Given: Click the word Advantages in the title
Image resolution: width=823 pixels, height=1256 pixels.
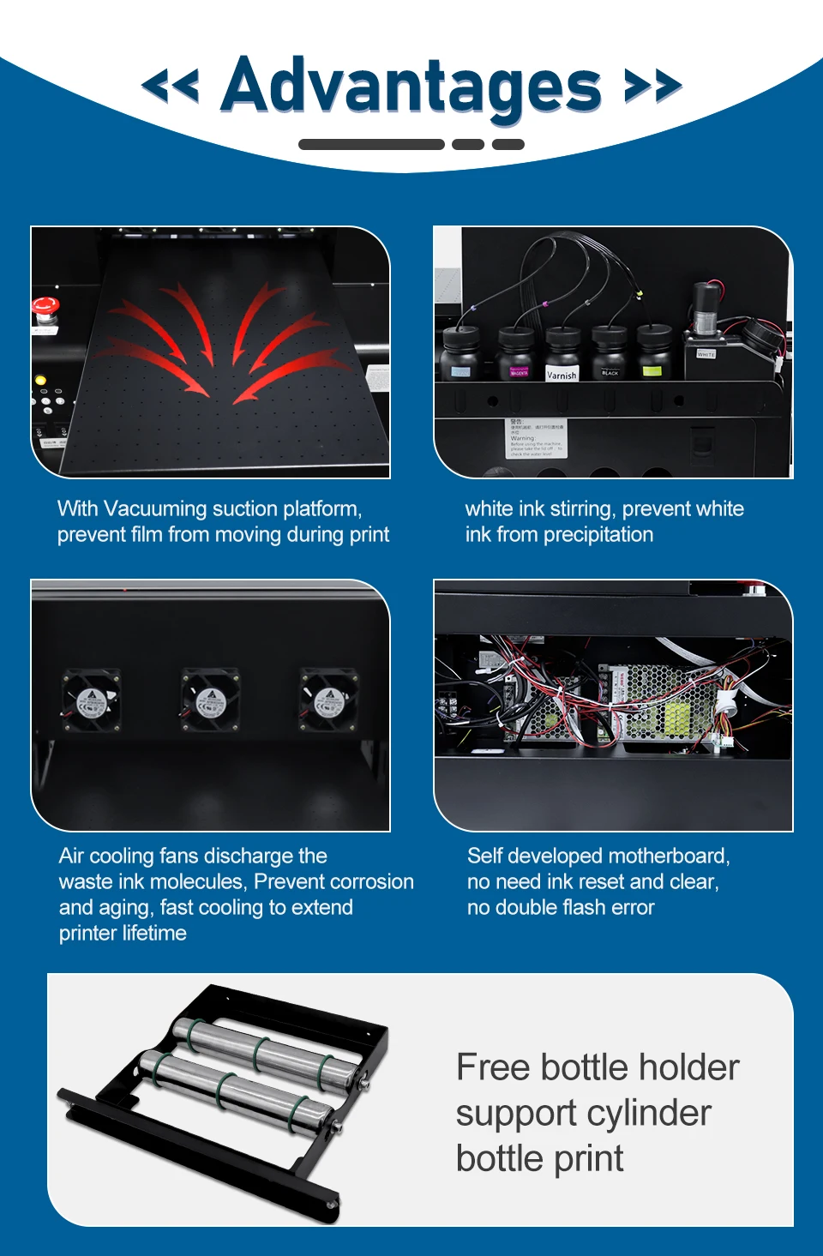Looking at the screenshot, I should pos(411,86).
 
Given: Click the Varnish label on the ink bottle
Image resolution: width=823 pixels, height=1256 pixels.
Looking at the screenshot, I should pos(562,375).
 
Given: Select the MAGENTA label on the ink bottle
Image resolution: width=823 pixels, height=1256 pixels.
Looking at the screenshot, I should pos(519,372).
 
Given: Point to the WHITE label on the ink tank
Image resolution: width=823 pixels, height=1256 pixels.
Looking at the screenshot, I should pos(706,353).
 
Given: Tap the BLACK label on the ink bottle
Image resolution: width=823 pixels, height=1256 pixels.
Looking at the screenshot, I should pos(610,372).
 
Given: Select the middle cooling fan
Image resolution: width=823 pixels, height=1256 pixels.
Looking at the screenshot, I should pos(210,700).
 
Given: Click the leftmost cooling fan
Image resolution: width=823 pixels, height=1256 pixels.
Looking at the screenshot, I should pos(91,700).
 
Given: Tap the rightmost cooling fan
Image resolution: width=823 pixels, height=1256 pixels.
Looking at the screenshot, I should pos(328,700).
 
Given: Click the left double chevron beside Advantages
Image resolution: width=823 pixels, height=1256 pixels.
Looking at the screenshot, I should pos(170,86).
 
